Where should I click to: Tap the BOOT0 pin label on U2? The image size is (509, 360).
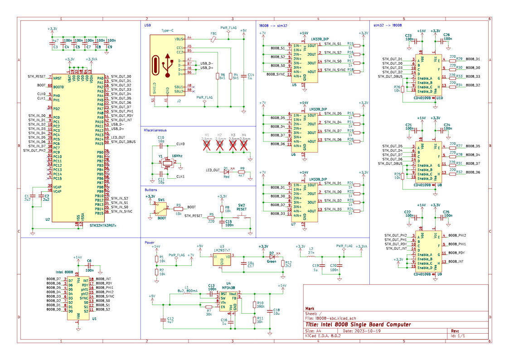[x=58, y=87]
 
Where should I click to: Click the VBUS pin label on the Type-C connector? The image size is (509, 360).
[x=179, y=39]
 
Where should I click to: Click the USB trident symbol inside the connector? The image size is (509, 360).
[x=168, y=65]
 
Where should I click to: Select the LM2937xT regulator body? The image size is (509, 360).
[x=222, y=258]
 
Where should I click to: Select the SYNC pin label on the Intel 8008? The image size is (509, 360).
[x=84, y=298]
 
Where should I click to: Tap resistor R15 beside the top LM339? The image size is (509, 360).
[x=357, y=45]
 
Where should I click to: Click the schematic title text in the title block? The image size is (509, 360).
[x=358, y=325]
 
